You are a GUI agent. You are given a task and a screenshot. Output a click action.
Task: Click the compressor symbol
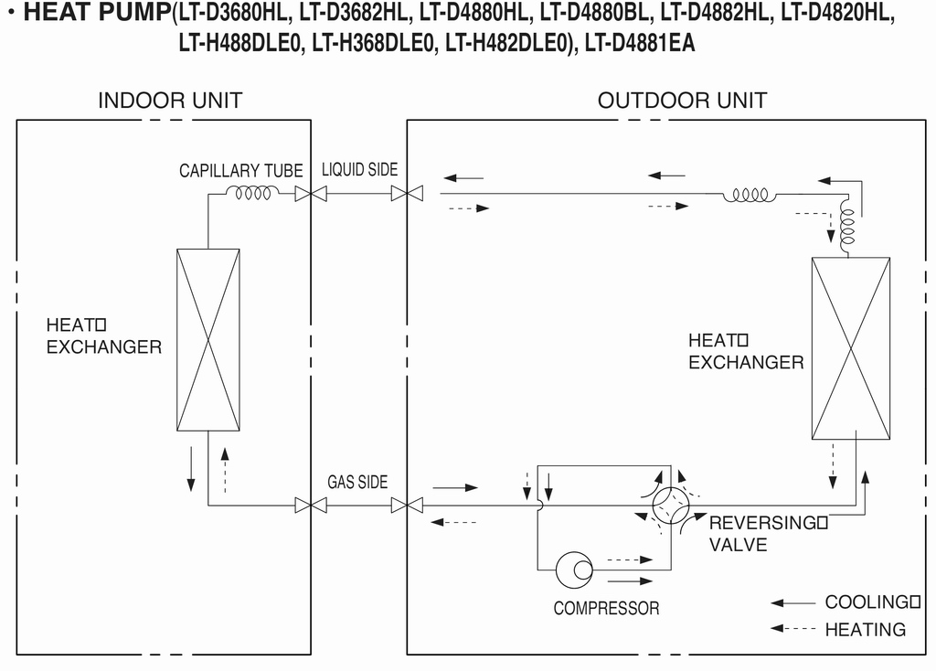tap(574, 570)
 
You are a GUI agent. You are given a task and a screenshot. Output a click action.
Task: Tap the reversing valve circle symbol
tap(670, 506)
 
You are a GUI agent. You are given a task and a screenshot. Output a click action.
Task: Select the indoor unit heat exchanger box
tap(208, 340)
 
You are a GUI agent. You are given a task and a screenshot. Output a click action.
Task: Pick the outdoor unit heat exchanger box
tap(851, 348)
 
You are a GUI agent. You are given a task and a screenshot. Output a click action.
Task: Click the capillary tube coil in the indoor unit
tap(252, 193)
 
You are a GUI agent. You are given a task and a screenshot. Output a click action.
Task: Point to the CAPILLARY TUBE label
tap(241, 171)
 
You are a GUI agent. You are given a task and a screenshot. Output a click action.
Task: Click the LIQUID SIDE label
tap(359, 169)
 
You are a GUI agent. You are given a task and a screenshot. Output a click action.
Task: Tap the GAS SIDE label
tap(357, 482)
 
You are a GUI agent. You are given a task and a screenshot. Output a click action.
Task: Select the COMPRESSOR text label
tap(607, 608)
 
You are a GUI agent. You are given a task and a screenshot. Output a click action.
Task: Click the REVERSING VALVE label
tap(768, 534)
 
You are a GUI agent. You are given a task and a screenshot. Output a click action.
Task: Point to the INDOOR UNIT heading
tap(170, 101)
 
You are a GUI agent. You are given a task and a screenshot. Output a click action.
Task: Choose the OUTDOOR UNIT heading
tap(682, 101)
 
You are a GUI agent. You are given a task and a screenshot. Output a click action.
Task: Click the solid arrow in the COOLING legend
tap(792, 603)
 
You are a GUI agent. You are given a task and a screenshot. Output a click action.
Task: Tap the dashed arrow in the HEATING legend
tap(792, 628)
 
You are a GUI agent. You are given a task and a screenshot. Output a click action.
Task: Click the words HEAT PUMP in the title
tap(97, 13)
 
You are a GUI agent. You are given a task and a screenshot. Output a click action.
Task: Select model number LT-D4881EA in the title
tap(640, 43)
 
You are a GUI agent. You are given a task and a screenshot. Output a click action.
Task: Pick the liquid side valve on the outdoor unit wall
tap(407, 194)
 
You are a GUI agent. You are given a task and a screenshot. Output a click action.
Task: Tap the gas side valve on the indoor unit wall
tap(311, 506)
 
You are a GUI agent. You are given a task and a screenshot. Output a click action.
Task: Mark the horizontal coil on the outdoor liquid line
tap(750, 195)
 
